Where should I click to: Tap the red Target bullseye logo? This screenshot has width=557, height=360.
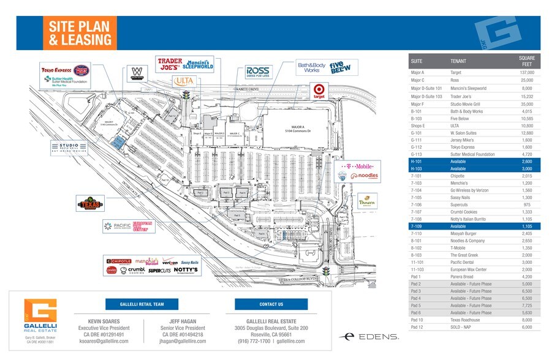pyautogui.click(x=318, y=91)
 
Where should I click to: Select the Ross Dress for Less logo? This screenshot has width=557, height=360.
pyautogui.click(x=257, y=72)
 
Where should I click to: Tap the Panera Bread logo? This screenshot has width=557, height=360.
pyautogui.click(x=367, y=201)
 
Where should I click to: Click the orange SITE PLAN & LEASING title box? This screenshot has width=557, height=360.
pyautogui.click(x=79, y=33)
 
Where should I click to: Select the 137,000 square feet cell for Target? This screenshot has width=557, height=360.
pyautogui.click(x=526, y=72)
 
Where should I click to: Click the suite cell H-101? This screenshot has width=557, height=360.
pyautogui.click(x=417, y=160)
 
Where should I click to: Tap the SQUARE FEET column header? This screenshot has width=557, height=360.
pyautogui.click(x=526, y=61)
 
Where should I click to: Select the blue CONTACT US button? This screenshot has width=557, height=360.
pyautogui.click(x=271, y=304)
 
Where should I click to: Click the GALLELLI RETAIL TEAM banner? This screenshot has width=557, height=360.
pyautogui.click(x=142, y=304)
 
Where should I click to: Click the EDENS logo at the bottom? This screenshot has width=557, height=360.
pyautogui.click(x=371, y=336)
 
